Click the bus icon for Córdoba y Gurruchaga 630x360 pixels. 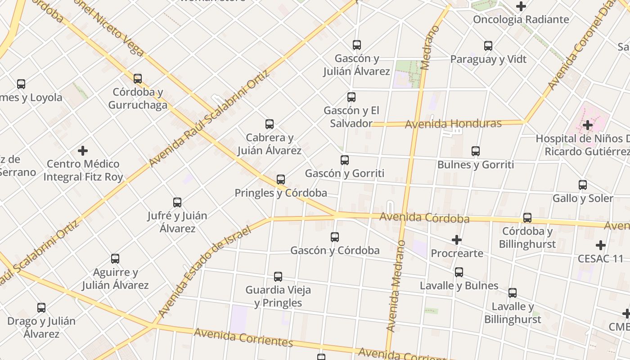(x=138, y=79)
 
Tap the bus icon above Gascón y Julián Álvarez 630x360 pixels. (x=357, y=45)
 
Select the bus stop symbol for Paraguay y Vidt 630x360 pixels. (x=488, y=46)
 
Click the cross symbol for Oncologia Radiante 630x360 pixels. (x=521, y=6)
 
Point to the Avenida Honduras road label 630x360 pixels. (x=453, y=124)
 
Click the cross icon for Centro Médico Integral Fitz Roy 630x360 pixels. (x=83, y=150)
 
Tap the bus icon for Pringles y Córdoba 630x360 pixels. (x=281, y=180)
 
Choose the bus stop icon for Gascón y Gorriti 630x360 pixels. (x=345, y=160)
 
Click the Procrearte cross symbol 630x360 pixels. (x=457, y=240)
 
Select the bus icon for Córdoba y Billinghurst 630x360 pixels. (x=527, y=218)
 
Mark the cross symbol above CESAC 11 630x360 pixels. (x=601, y=245)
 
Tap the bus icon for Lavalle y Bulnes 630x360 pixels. (x=459, y=272)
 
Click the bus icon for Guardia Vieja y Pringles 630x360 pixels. (x=278, y=277)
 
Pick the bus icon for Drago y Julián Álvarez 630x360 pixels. (x=41, y=308)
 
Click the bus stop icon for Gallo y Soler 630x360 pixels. (x=583, y=185)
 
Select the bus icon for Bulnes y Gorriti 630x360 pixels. (x=476, y=151)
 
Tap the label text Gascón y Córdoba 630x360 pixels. (x=335, y=250)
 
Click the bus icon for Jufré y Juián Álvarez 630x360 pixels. (x=177, y=202)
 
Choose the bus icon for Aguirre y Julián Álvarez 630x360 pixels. (x=115, y=259)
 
